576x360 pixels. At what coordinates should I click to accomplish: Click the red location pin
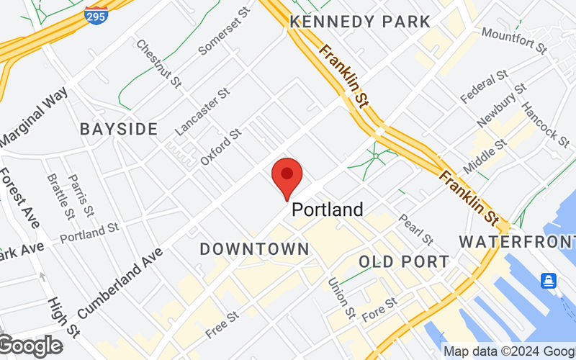pos(287,175)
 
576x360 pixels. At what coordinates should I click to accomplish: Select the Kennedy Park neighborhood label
pos(359,22)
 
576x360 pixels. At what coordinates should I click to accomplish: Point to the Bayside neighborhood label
pos(119,130)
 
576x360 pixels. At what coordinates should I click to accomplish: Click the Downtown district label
pos(254,249)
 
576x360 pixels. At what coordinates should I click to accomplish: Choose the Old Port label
pos(404,261)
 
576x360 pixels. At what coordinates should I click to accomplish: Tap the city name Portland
pos(327,210)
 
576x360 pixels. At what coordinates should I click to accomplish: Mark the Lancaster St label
pos(202,112)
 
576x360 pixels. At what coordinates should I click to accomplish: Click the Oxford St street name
pos(220,148)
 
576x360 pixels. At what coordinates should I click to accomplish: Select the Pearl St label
pos(415,229)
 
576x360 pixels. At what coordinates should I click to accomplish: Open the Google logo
pos(30,346)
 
